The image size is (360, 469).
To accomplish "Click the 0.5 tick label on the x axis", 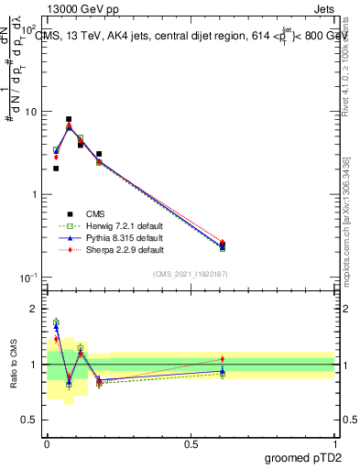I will pyautogui.click(x=191, y=444).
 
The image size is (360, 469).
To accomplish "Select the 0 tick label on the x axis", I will pyautogui.click(x=47, y=444).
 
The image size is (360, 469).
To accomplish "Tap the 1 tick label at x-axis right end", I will pyautogui.click(x=335, y=444).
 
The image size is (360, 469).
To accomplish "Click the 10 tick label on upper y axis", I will pyautogui.click(x=30, y=112).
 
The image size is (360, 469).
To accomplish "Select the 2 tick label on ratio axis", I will pyautogui.click(x=34, y=309).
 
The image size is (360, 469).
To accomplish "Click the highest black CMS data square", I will pyautogui.click(x=69, y=119).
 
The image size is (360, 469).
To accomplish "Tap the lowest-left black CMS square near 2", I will pyautogui.click(x=56, y=169).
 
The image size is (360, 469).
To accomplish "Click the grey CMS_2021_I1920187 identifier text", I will pyautogui.click(x=191, y=273).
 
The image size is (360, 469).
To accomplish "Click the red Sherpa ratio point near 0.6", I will pyautogui.click(x=223, y=359).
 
